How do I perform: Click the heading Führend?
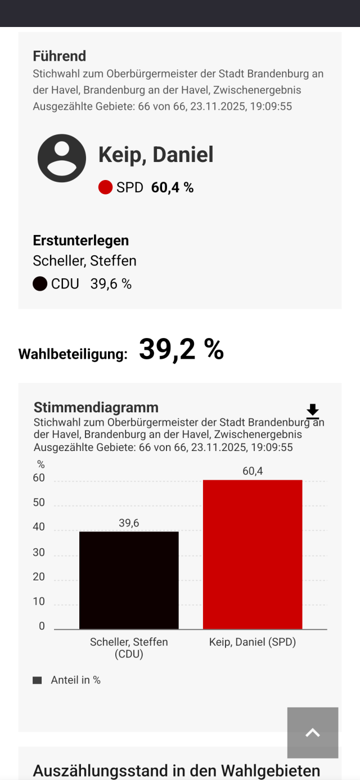(x=59, y=56)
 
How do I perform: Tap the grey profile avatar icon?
(x=62, y=158)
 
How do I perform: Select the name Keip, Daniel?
(x=156, y=155)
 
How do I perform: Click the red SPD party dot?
(x=105, y=188)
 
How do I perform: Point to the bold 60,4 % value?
(x=172, y=188)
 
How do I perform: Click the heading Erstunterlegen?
(x=80, y=240)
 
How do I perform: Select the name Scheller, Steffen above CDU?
(x=84, y=261)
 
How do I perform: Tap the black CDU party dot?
(x=40, y=284)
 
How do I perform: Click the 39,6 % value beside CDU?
(x=111, y=284)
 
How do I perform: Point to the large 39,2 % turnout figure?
(x=181, y=349)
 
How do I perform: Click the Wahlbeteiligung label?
(x=73, y=354)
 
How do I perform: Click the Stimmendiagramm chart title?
(x=96, y=407)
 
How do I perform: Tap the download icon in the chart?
(x=313, y=412)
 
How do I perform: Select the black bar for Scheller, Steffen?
(x=129, y=580)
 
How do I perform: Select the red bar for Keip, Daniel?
(x=253, y=554)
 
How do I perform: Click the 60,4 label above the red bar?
(x=253, y=471)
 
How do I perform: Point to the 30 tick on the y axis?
(x=39, y=552)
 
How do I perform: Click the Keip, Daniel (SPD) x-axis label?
(x=253, y=642)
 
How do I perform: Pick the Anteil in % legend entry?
(x=75, y=680)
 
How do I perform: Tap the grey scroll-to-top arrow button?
(x=313, y=733)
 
